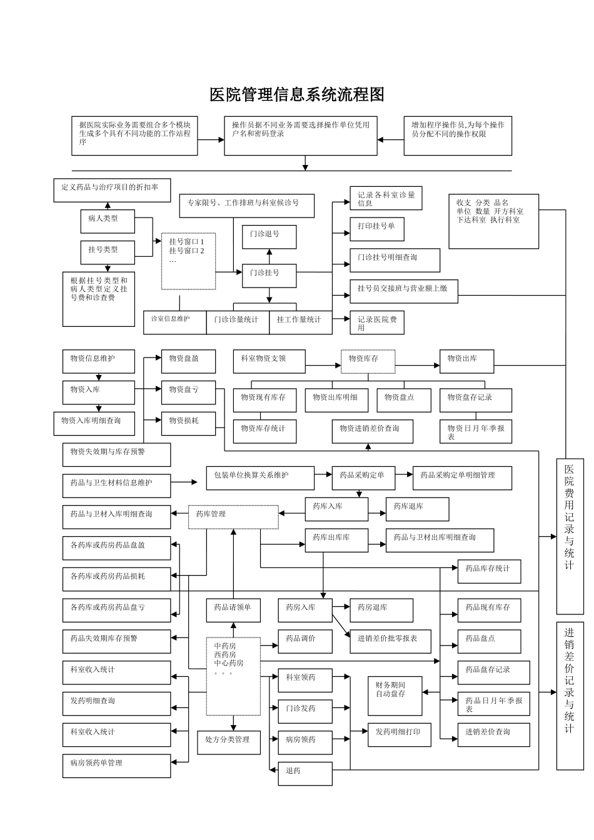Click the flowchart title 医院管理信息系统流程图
click(x=296, y=95)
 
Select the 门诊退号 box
click(x=269, y=237)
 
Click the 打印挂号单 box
click(x=376, y=229)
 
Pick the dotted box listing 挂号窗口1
click(x=188, y=261)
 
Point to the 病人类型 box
click(x=108, y=221)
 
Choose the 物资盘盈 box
click(x=188, y=361)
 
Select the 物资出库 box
click(x=466, y=361)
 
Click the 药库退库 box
click(x=417, y=509)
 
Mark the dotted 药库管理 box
click(x=233, y=517)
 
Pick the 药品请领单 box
click(x=233, y=610)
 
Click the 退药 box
click(x=305, y=774)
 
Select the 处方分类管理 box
click(x=229, y=742)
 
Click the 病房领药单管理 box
click(x=116, y=766)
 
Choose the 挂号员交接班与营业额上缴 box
click(x=403, y=291)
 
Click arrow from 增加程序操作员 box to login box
click(x=390, y=140)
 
